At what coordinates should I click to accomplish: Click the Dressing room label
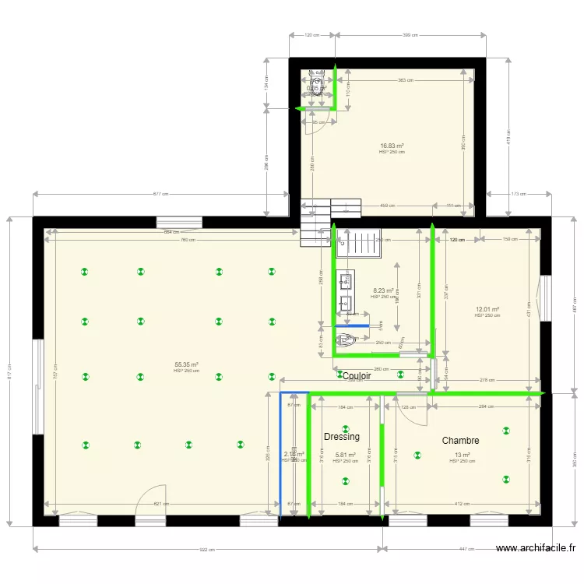point(342,437)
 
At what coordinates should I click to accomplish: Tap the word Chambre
point(460,441)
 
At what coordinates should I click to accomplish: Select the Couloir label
point(357,376)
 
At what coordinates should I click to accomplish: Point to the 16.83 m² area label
point(392,146)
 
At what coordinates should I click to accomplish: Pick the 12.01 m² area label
point(487,309)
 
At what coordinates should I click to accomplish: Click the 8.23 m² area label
point(383,290)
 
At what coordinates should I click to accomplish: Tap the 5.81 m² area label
point(345,456)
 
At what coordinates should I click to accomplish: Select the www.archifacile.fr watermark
point(536,548)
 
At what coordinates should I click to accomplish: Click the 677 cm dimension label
point(160,194)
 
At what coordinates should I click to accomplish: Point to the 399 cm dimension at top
point(410,35)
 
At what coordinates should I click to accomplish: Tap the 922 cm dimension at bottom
point(207,550)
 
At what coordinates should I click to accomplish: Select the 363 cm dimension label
point(405,80)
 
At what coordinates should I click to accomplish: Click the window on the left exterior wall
point(38,386)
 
